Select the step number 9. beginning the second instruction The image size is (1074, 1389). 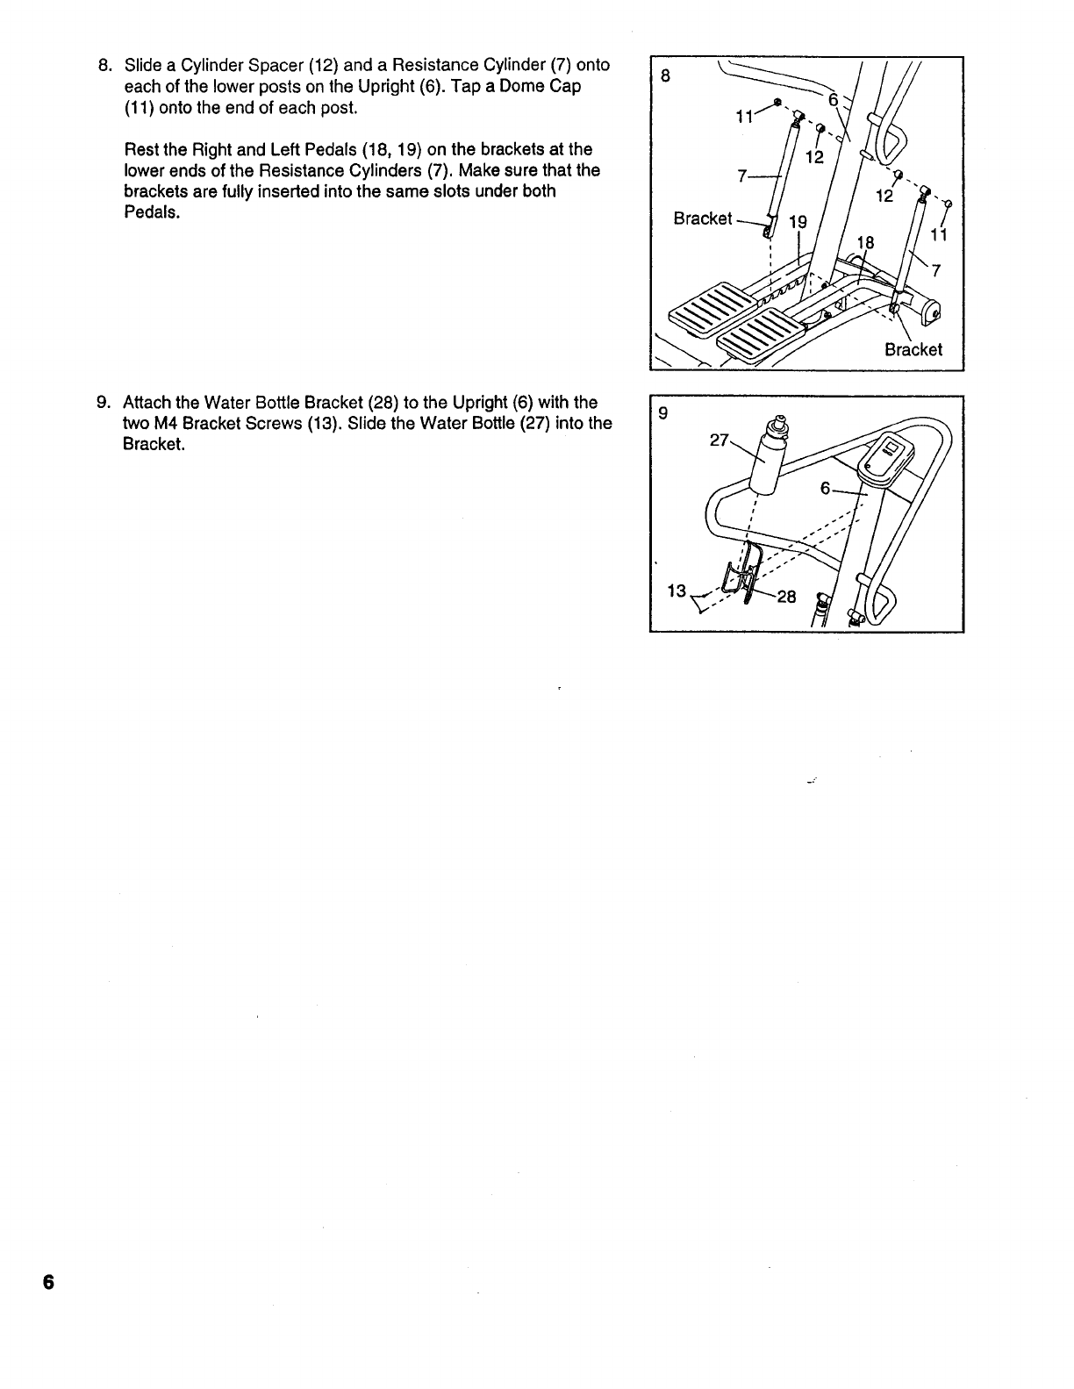coord(104,403)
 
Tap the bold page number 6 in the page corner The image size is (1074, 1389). coord(48,1282)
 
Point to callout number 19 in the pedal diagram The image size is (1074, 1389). coord(798,223)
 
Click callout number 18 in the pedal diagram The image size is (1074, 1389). coord(865,242)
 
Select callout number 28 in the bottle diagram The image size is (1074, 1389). coord(785,597)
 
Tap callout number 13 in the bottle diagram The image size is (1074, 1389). coord(677,591)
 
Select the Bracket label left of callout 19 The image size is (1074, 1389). coord(702,218)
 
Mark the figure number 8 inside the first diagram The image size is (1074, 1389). coord(665,75)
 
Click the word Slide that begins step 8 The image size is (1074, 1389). coord(142,66)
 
